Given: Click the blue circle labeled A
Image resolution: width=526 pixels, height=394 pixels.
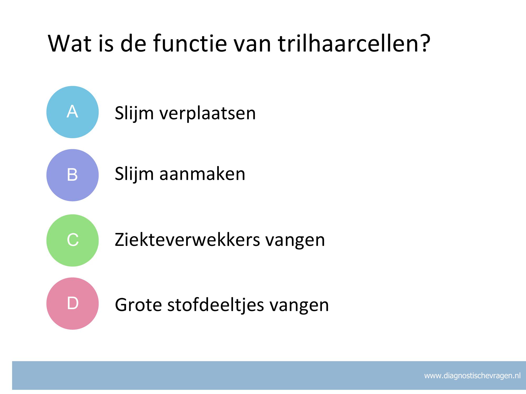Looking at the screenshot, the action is pos(73,112).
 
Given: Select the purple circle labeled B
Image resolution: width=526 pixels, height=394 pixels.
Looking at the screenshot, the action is pos(73,175).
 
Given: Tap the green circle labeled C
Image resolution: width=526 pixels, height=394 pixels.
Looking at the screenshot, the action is pos(73,240).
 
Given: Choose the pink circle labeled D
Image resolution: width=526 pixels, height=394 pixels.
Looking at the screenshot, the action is pos(73,303).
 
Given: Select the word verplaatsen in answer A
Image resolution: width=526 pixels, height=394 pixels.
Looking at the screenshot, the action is pos(208,113).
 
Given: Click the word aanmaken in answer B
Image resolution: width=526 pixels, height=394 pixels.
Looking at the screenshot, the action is pos(202,174).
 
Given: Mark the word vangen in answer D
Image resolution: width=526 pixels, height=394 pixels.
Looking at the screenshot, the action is pos(299,306).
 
